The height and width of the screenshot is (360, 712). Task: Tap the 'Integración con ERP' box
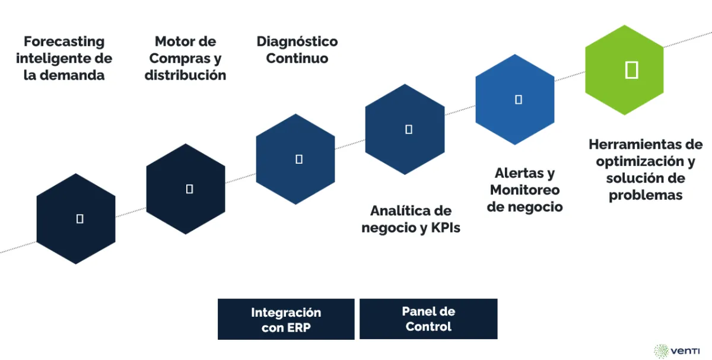click(x=286, y=319)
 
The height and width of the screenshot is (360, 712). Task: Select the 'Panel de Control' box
click(x=428, y=319)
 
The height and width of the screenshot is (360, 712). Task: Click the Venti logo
click(x=676, y=350)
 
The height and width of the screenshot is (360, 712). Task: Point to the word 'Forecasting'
click(x=64, y=42)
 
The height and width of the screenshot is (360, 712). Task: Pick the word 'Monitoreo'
click(x=525, y=190)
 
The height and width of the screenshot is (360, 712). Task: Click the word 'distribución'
click(x=185, y=75)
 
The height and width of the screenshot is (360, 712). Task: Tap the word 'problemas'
click(x=646, y=195)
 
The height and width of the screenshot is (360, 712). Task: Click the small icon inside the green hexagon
click(x=632, y=69)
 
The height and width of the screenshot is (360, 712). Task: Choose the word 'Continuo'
click(x=297, y=58)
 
